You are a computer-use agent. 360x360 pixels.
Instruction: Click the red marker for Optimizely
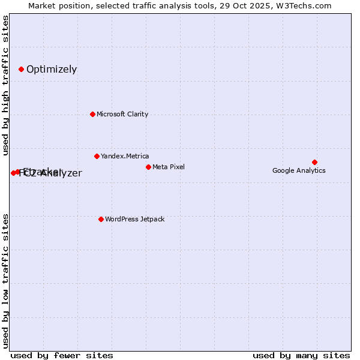click(21, 69)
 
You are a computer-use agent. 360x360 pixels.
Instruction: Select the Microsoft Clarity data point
click(92, 114)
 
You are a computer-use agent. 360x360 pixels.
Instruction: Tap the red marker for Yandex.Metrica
click(97, 156)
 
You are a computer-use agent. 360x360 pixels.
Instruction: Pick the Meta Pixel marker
click(148, 167)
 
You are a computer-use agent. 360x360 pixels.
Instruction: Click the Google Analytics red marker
click(314, 162)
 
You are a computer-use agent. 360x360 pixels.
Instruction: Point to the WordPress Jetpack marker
click(101, 219)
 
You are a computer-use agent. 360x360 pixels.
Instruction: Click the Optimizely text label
click(52, 69)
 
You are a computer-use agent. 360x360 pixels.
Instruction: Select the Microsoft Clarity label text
click(122, 114)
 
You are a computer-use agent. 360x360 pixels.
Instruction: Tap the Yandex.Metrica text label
click(125, 156)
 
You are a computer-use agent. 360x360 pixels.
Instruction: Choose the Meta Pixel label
click(169, 167)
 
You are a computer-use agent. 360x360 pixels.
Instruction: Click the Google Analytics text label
click(299, 170)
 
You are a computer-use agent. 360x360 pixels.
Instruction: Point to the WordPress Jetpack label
click(134, 219)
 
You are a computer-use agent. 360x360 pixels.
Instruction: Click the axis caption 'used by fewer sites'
click(62, 355)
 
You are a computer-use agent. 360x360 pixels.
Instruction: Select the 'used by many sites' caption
click(301, 355)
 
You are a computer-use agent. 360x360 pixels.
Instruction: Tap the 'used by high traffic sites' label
click(6, 86)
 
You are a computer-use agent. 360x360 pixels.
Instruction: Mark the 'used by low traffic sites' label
click(6, 281)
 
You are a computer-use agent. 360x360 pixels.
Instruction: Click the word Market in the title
click(42, 6)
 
